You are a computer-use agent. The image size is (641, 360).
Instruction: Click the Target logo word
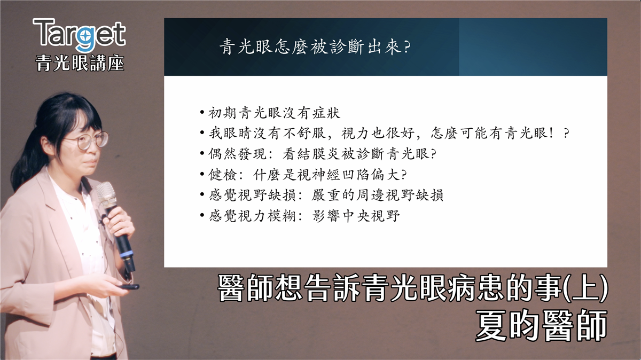[x=79, y=35]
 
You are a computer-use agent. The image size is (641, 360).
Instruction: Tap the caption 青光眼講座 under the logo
[x=80, y=63]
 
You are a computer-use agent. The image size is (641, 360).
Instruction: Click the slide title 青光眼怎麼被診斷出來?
[x=315, y=47]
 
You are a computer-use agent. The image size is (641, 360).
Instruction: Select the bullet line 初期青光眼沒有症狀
[x=270, y=113]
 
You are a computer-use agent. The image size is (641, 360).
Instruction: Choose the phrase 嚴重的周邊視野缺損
[x=378, y=195]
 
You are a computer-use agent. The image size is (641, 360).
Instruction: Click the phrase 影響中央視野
[x=356, y=216]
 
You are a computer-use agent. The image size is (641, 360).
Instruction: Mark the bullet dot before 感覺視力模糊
[x=202, y=215]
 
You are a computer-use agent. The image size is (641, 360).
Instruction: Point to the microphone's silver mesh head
[x=106, y=194]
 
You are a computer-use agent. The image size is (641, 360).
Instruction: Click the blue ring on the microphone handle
[x=127, y=254]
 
